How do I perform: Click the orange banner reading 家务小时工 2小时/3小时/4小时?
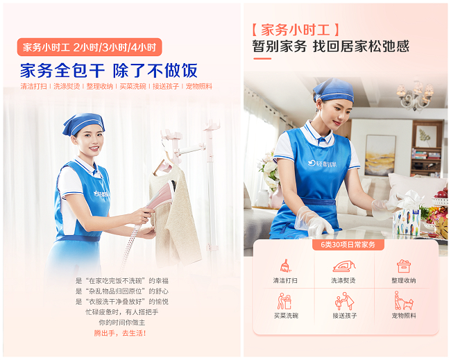point(90,47)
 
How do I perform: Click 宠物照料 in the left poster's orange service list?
point(199,87)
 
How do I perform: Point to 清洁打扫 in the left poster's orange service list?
point(34,87)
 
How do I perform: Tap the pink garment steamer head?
point(162,195)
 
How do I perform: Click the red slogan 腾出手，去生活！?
point(121,333)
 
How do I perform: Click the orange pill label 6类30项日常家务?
point(347,245)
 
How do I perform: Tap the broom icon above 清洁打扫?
point(285,266)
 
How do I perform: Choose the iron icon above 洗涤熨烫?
point(345,266)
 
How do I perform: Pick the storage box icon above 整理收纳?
point(404,266)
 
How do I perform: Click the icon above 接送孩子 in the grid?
point(345,301)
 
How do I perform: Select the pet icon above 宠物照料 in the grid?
point(403,301)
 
